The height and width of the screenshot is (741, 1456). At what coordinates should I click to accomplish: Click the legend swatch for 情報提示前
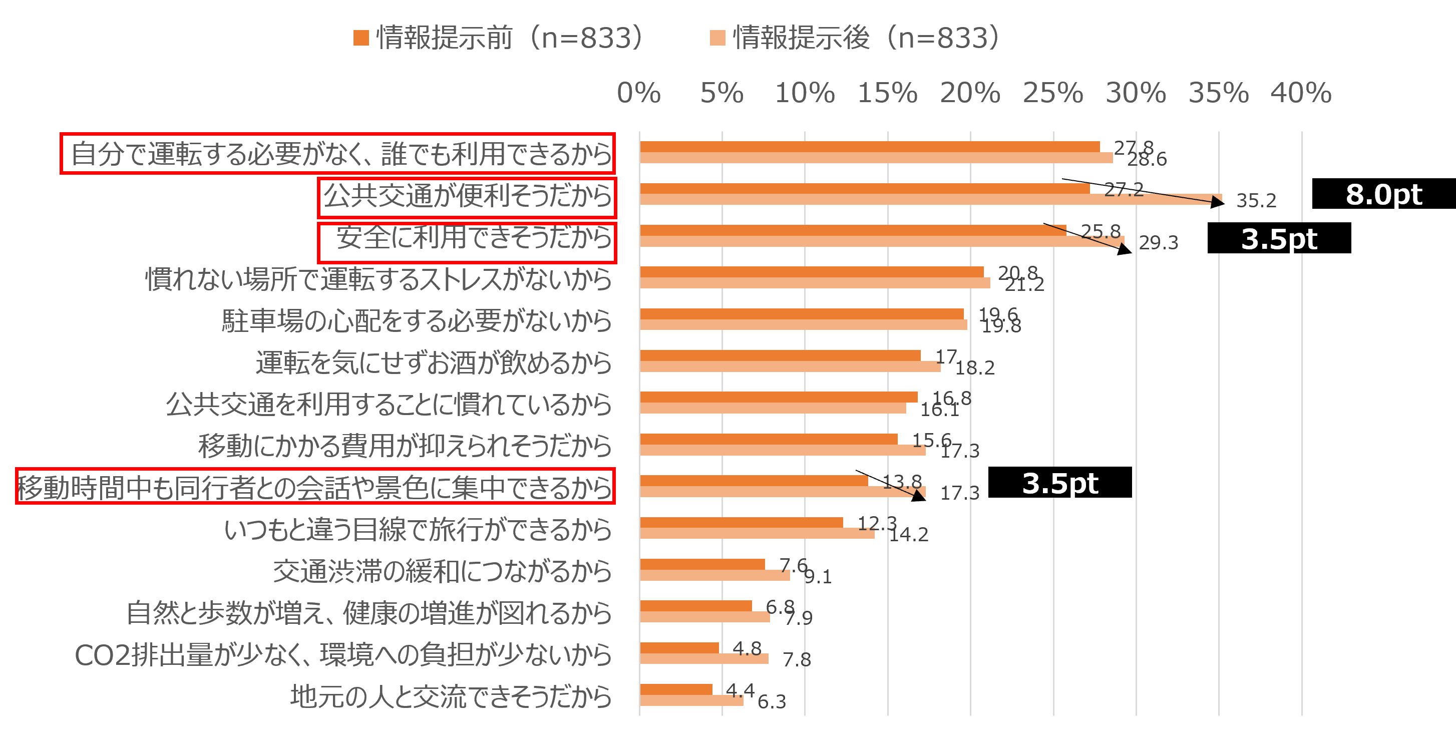coord(361,39)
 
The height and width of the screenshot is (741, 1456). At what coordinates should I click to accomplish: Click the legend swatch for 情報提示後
coord(717,39)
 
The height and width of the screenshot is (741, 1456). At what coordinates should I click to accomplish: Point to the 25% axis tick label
coord(1052,93)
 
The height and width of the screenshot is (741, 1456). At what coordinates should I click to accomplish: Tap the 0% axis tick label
coord(639,93)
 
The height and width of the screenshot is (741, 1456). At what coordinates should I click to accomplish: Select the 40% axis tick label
coord(1301,93)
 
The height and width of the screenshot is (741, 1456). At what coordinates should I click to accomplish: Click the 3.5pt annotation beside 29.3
coord(1279,239)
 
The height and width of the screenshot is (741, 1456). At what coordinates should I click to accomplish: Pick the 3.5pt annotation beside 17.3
coord(1060,484)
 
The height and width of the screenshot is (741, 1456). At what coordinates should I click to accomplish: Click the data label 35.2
coord(1256,201)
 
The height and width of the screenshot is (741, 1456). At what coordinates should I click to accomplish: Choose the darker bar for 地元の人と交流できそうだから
coord(676,689)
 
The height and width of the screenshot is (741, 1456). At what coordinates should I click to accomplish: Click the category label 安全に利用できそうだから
coord(474,237)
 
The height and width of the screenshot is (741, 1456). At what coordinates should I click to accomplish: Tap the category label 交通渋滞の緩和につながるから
coord(442,571)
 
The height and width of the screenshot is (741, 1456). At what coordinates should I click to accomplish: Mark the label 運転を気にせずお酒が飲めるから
coord(434,363)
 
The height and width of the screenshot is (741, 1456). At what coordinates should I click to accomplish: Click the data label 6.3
coord(772,702)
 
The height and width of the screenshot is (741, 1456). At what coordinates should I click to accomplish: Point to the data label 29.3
coord(1158,243)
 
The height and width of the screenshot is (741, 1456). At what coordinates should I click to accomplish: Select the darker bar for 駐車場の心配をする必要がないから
coord(802,314)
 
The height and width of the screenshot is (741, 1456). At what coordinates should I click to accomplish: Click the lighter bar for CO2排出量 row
coord(703,658)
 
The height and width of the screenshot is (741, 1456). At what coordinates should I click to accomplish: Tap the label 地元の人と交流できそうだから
coord(451,697)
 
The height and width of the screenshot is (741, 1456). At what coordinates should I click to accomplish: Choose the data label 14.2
coord(908,535)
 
